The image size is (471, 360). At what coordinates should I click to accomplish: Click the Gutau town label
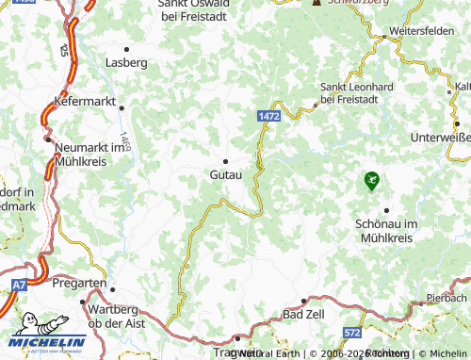pos(225,175)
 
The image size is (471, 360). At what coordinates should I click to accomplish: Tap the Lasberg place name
pos(127,62)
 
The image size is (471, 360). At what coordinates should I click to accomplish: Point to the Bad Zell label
pos(301,313)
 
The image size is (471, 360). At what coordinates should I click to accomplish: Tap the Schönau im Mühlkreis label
pos(387,232)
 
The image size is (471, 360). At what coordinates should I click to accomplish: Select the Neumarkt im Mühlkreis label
pos(91,154)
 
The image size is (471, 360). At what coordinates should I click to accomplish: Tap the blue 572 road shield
pos(351,334)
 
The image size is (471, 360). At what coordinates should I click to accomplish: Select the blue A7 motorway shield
pos(20,284)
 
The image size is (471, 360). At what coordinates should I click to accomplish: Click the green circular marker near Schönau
pos(371,178)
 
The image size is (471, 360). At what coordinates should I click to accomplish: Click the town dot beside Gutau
pos(225,160)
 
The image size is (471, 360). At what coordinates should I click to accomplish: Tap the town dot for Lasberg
pos(127,47)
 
